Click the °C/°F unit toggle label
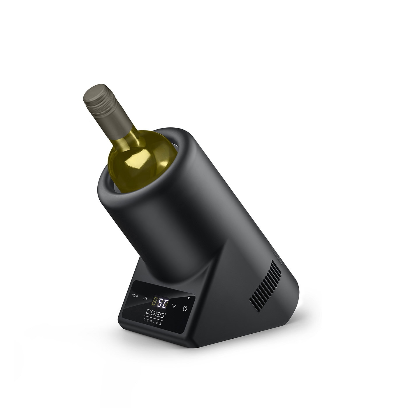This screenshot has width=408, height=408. tap(135, 296)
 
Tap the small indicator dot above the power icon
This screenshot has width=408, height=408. tap(189, 298)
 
